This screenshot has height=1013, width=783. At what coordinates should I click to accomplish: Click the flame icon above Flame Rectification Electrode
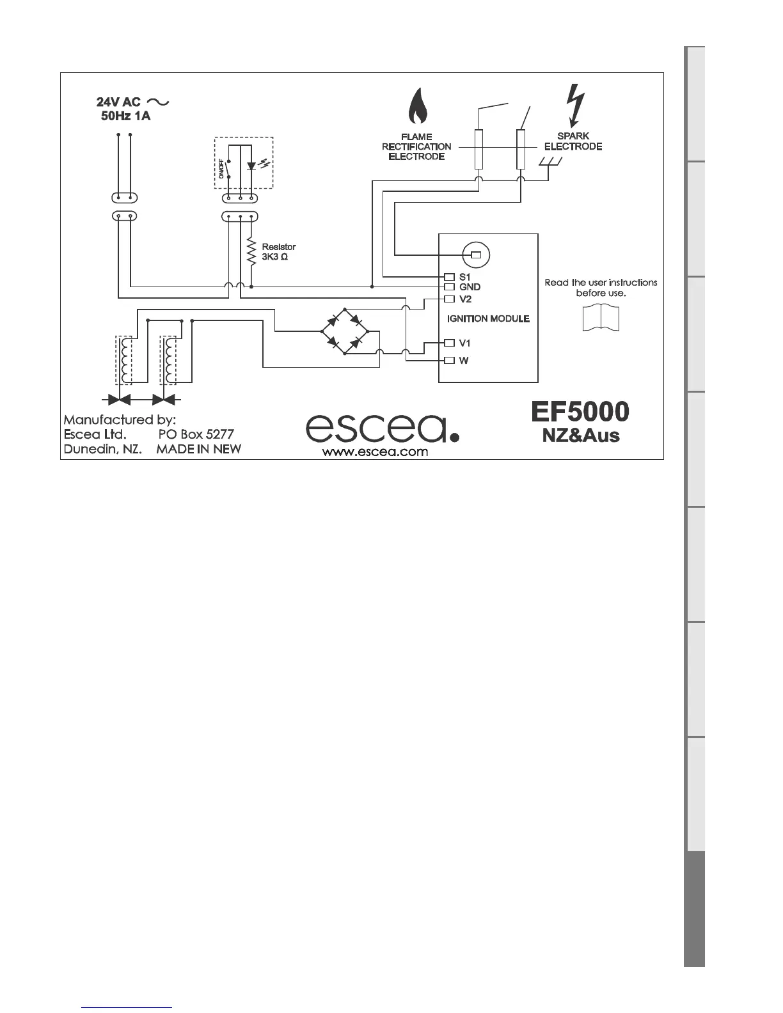(x=418, y=107)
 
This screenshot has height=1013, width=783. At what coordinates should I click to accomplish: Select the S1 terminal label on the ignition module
(x=465, y=277)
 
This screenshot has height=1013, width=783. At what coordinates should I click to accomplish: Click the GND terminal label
(x=470, y=287)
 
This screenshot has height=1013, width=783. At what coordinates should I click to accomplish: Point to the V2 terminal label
(x=466, y=299)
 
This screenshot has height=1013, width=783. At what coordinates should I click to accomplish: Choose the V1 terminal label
(x=465, y=343)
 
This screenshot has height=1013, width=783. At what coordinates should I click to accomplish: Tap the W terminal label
(x=464, y=360)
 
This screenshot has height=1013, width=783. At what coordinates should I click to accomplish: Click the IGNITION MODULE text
(x=488, y=318)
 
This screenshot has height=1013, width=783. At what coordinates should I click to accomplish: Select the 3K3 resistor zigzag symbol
(x=251, y=252)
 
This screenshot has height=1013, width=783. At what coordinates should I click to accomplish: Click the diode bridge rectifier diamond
(x=345, y=331)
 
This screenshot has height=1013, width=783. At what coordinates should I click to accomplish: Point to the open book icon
(x=601, y=318)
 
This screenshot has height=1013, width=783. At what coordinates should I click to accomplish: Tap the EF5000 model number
(x=580, y=411)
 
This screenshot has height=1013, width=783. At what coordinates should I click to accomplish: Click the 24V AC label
(x=118, y=102)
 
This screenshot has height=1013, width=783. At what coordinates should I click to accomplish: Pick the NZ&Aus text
(x=581, y=436)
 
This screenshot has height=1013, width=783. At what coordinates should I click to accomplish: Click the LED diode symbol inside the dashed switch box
(x=251, y=166)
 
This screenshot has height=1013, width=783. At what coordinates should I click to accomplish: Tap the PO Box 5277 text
(x=196, y=434)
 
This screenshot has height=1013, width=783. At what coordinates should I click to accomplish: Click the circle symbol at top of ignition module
(x=475, y=255)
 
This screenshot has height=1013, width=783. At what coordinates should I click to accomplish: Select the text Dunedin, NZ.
(x=102, y=449)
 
